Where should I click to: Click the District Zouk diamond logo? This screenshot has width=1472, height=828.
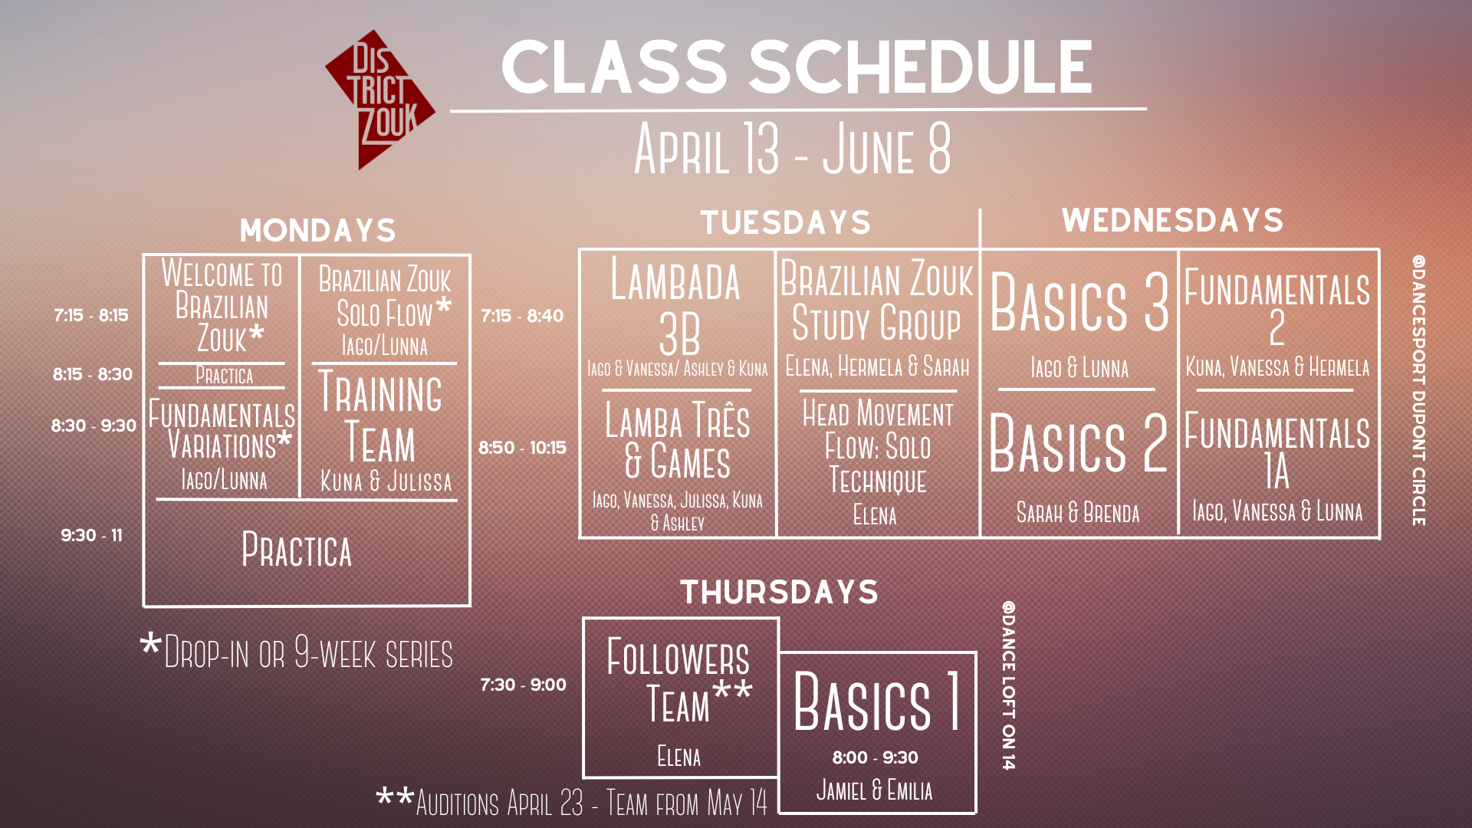coord(380,100)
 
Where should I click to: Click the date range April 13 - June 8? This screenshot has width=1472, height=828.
coord(793,149)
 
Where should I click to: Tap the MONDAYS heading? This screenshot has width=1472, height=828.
coord(317,230)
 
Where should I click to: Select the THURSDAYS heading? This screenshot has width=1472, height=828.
coord(779,592)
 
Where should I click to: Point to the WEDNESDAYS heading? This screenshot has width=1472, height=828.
coord(1172,220)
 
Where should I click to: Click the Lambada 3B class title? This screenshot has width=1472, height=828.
coord(676,307)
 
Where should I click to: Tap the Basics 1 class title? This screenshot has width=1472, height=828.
coord(877,701)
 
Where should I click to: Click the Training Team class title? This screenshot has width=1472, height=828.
coord(380,416)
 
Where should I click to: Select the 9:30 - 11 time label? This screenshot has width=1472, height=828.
coord(91,535)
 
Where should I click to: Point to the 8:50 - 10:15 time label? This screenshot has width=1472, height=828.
coord(522,448)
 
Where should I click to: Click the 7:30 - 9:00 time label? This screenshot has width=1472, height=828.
coord(523,685)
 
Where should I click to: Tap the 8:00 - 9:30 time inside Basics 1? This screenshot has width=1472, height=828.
coord(876,757)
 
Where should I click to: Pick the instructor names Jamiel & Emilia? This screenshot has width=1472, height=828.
coord(875,790)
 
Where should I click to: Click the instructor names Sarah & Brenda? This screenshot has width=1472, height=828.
coord(1078,512)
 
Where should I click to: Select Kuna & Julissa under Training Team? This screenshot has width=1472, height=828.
coord(386,481)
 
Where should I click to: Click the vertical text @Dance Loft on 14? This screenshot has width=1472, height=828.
coord(1009,685)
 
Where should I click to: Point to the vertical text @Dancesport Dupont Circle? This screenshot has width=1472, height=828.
coord(1419,390)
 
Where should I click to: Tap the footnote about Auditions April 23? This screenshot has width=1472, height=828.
coord(571,802)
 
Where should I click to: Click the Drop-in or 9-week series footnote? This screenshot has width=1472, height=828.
coord(297,652)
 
